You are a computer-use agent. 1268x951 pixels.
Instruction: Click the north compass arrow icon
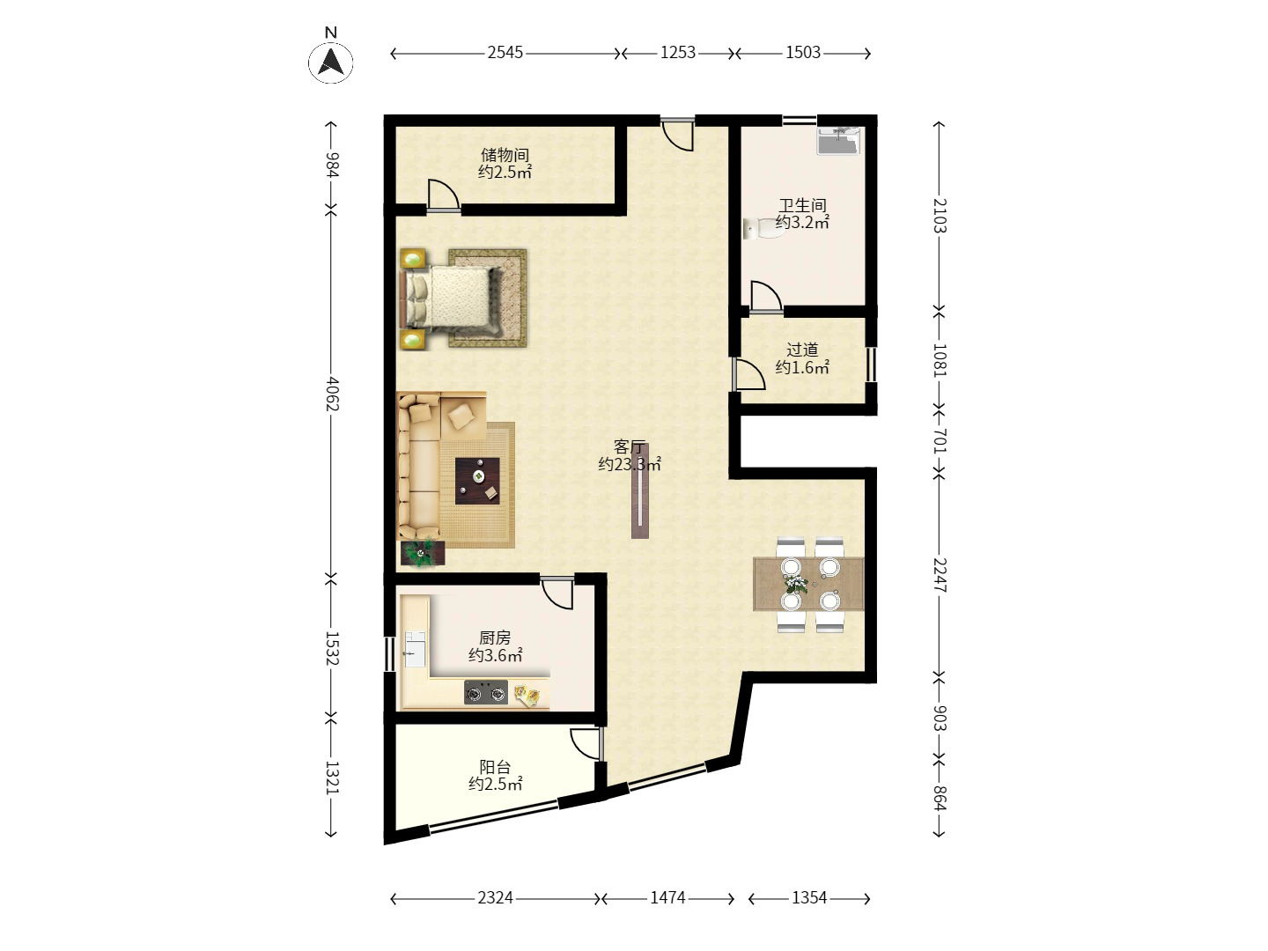click(330, 62)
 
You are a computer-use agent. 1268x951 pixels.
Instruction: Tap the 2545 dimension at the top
click(505, 53)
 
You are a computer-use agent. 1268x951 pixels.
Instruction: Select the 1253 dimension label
click(678, 53)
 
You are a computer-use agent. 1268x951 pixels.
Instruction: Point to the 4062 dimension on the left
click(332, 394)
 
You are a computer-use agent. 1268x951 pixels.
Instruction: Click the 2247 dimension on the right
click(939, 574)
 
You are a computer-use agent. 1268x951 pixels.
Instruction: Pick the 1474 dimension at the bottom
click(667, 897)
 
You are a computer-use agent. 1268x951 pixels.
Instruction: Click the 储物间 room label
click(505, 155)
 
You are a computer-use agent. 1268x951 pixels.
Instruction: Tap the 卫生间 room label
click(802, 205)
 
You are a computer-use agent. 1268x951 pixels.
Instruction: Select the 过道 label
click(802, 350)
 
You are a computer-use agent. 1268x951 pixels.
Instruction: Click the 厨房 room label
click(495, 638)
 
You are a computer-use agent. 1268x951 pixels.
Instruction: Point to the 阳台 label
click(495, 767)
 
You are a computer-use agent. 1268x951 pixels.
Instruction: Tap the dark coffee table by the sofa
click(477, 481)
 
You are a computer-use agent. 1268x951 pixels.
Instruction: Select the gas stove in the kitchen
click(486, 692)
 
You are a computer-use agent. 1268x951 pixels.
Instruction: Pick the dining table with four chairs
click(808, 584)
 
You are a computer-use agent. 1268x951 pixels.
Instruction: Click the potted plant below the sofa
click(423, 553)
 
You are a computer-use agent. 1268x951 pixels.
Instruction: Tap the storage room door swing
click(443, 194)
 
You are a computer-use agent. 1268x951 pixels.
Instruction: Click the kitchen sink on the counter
click(415, 649)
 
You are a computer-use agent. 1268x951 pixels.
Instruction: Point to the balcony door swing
click(586, 744)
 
